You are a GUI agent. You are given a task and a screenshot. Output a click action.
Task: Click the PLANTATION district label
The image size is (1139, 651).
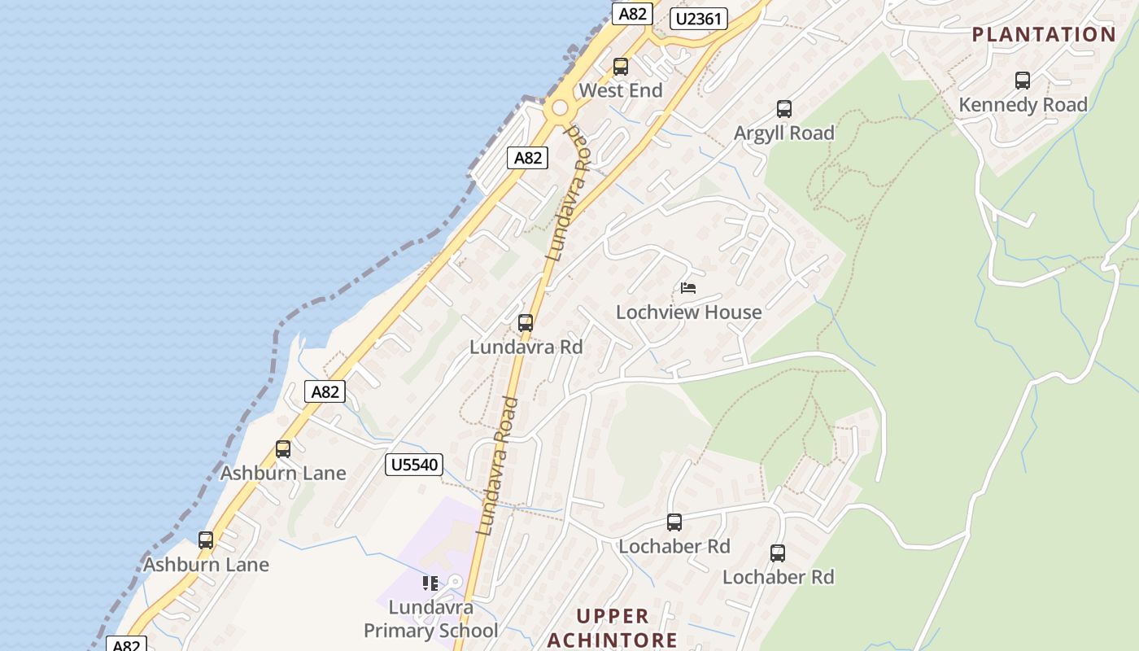[x=1044, y=34]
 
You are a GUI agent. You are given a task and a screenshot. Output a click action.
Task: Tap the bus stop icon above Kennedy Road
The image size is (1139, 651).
[x=1023, y=81]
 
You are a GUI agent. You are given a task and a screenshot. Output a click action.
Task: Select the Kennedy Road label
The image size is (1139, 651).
[x=1023, y=105]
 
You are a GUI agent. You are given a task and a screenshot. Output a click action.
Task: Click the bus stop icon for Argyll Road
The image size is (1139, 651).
[x=784, y=109]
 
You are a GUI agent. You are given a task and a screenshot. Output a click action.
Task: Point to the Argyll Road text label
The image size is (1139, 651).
[x=784, y=133]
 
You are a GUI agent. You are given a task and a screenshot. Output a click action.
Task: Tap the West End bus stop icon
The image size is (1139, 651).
[x=621, y=67]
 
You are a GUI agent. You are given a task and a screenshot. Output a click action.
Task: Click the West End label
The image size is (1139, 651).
[x=621, y=90]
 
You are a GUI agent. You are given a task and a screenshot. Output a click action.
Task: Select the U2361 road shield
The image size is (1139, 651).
[x=698, y=19]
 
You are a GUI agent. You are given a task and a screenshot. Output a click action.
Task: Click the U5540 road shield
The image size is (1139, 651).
[x=414, y=465]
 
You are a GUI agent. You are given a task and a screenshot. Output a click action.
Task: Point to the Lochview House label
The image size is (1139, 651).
[x=689, y=312]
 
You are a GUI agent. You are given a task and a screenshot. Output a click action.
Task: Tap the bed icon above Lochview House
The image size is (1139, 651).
[x=688, y=288]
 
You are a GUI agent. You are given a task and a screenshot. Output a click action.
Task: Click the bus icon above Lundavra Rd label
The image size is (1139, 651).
[x=526, y=323]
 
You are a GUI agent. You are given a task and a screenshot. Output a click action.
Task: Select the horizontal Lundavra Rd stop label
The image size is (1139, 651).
[x=526, y=347]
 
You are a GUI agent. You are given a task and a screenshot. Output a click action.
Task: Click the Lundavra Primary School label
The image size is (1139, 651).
[x=430, y=619]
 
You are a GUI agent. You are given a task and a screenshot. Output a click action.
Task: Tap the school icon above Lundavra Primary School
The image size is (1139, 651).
[x=430, y=583]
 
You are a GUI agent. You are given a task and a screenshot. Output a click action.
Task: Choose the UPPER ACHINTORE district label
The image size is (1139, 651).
[x=612, y=627]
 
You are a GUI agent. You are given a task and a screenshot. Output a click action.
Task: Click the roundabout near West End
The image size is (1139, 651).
[x=559, y=108]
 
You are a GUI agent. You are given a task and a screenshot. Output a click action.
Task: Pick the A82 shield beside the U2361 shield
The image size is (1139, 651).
[x=632, y=14]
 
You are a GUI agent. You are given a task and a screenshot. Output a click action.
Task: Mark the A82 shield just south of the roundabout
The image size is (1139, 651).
[x=527, y=158]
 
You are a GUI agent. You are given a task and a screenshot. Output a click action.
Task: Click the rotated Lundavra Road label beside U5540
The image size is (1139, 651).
[x=498, y=465]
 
